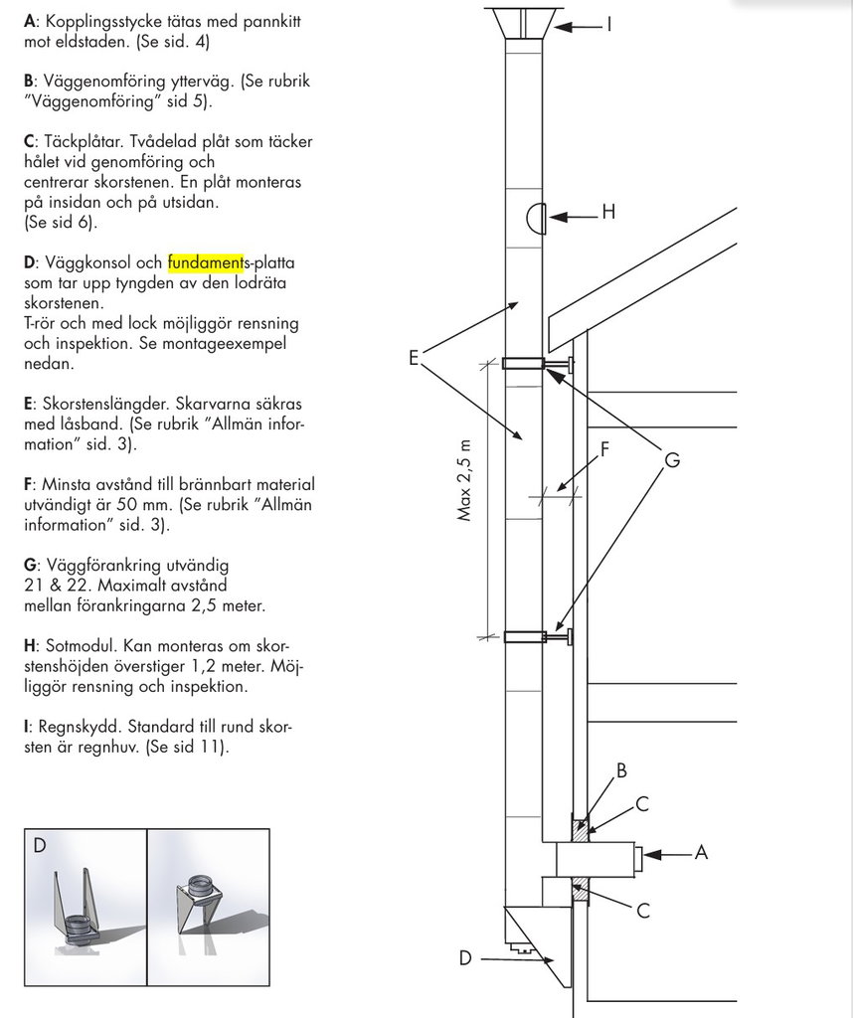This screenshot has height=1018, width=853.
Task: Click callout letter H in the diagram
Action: pos(608,214)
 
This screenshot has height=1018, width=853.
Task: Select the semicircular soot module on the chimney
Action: pos(533,216)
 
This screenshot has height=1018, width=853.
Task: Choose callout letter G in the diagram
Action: pos(672,460)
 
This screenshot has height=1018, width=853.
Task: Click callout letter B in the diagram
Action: pos(621,770)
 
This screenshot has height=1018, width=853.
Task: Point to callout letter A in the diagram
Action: pos(700,852)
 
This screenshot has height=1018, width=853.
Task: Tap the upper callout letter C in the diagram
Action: pos(642,803)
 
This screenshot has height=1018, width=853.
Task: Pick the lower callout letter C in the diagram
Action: pos(643,910)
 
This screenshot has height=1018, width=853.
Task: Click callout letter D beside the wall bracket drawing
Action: pos(465,958)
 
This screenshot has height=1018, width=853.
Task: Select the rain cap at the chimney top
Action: pos(522,23)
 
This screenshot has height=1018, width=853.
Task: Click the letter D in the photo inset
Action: pos(40,846)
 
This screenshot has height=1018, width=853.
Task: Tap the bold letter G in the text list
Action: pos(30,564)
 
